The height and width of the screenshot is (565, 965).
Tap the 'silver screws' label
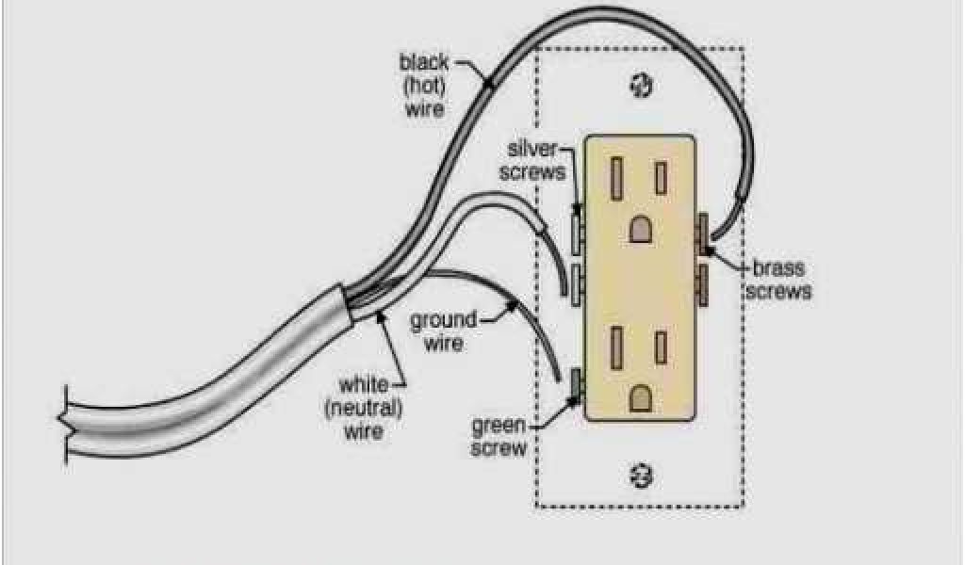point(537,160)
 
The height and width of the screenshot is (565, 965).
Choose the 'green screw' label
point(499,436)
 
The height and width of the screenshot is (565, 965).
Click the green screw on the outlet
point(577,384)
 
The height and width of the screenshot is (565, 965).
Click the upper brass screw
point(702,232)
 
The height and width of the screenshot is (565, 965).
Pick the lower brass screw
point(702,280)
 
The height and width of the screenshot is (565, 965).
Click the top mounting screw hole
point(641,87)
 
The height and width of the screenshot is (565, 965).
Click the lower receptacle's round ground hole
point(641,396)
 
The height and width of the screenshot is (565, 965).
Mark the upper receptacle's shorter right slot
point(662,176)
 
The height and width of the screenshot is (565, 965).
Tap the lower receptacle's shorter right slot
point(662,344)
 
